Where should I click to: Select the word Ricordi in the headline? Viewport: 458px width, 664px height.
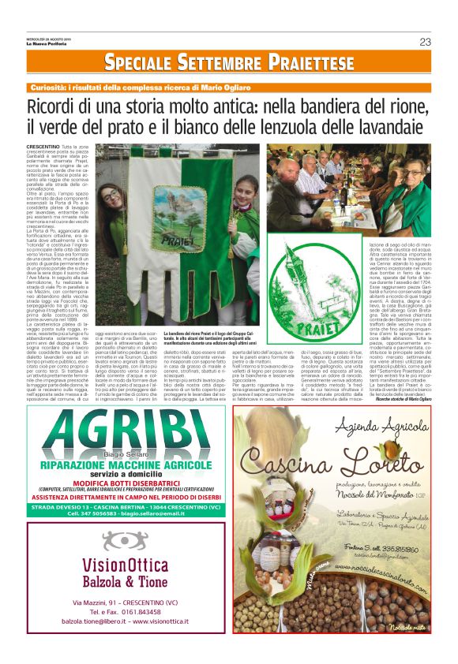tap(55, 107)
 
